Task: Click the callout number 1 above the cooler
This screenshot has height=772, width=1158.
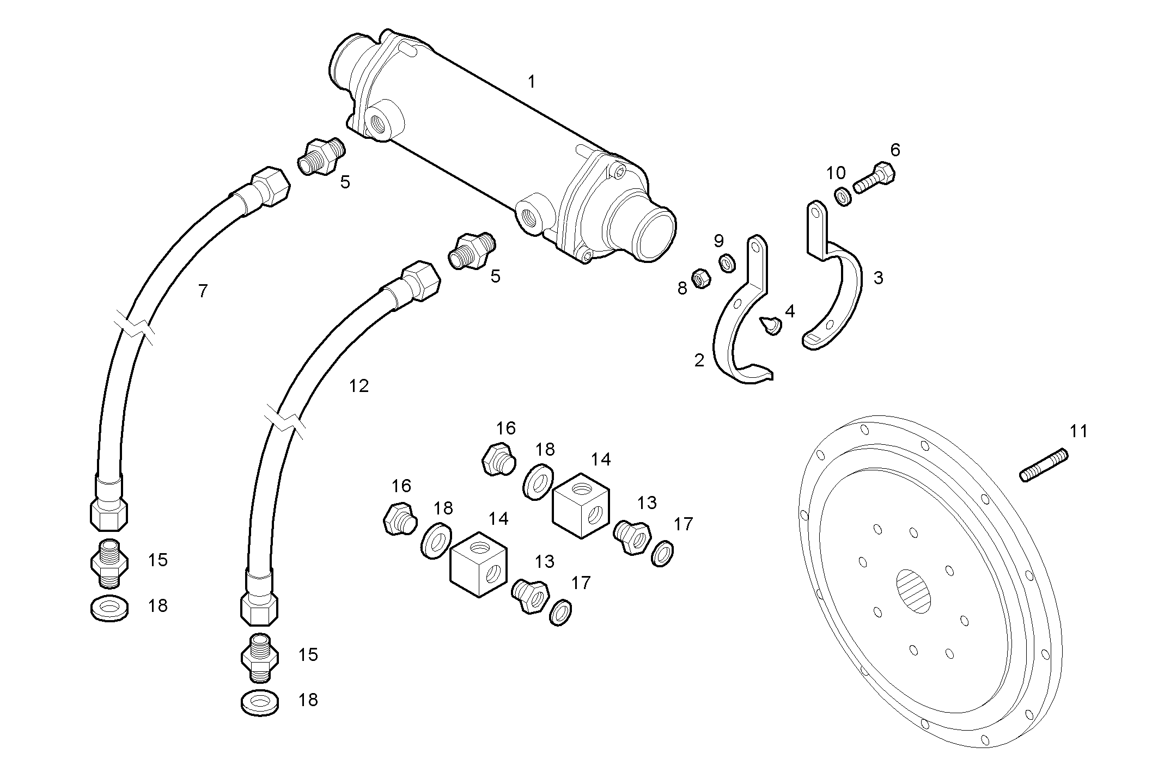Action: pyautogui.click(x=531, y=82)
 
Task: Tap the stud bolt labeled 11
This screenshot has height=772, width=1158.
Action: pyautogui.click(x=1044, y=465)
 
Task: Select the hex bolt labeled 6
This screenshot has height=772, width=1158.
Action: pyautogui.click(x=874, y=178)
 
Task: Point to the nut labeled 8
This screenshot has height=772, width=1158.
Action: pyautogui.click(x=700, y=279)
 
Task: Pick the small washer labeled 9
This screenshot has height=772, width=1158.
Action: pyautogui.click(x=727, y=263)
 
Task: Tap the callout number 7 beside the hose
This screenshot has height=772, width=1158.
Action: pyautogui.click(x=203, y=291)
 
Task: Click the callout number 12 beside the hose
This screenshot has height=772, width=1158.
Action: pyautogui.click(x=358, y=386)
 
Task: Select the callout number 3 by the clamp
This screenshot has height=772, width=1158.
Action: pyautogui.click(x=878, y=278)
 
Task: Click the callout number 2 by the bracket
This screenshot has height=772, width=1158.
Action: pyautogui.click(x=699, y=360)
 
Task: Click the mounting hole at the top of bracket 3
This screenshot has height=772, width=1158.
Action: pyautogui.click(x=815, y=210)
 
